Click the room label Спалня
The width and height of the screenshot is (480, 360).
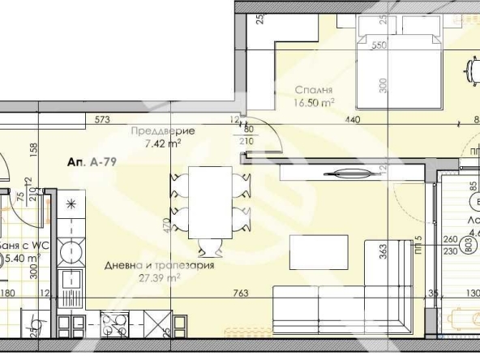click(x=311, y=91)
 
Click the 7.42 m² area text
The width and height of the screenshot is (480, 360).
click(x=162, y=144)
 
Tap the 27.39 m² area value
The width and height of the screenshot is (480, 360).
click(x=159, y=277)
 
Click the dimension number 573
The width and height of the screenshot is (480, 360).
click(x=101, y=120)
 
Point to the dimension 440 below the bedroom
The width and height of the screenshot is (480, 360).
click(x=353, y=120)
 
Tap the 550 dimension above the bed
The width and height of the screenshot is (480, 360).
click(x=377, y=46)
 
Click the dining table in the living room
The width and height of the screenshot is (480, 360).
click(x=209, y=202)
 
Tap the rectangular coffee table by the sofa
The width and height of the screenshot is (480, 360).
click(x=319, y=255)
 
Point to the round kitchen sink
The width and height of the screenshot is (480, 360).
click(x=71, y=249)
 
